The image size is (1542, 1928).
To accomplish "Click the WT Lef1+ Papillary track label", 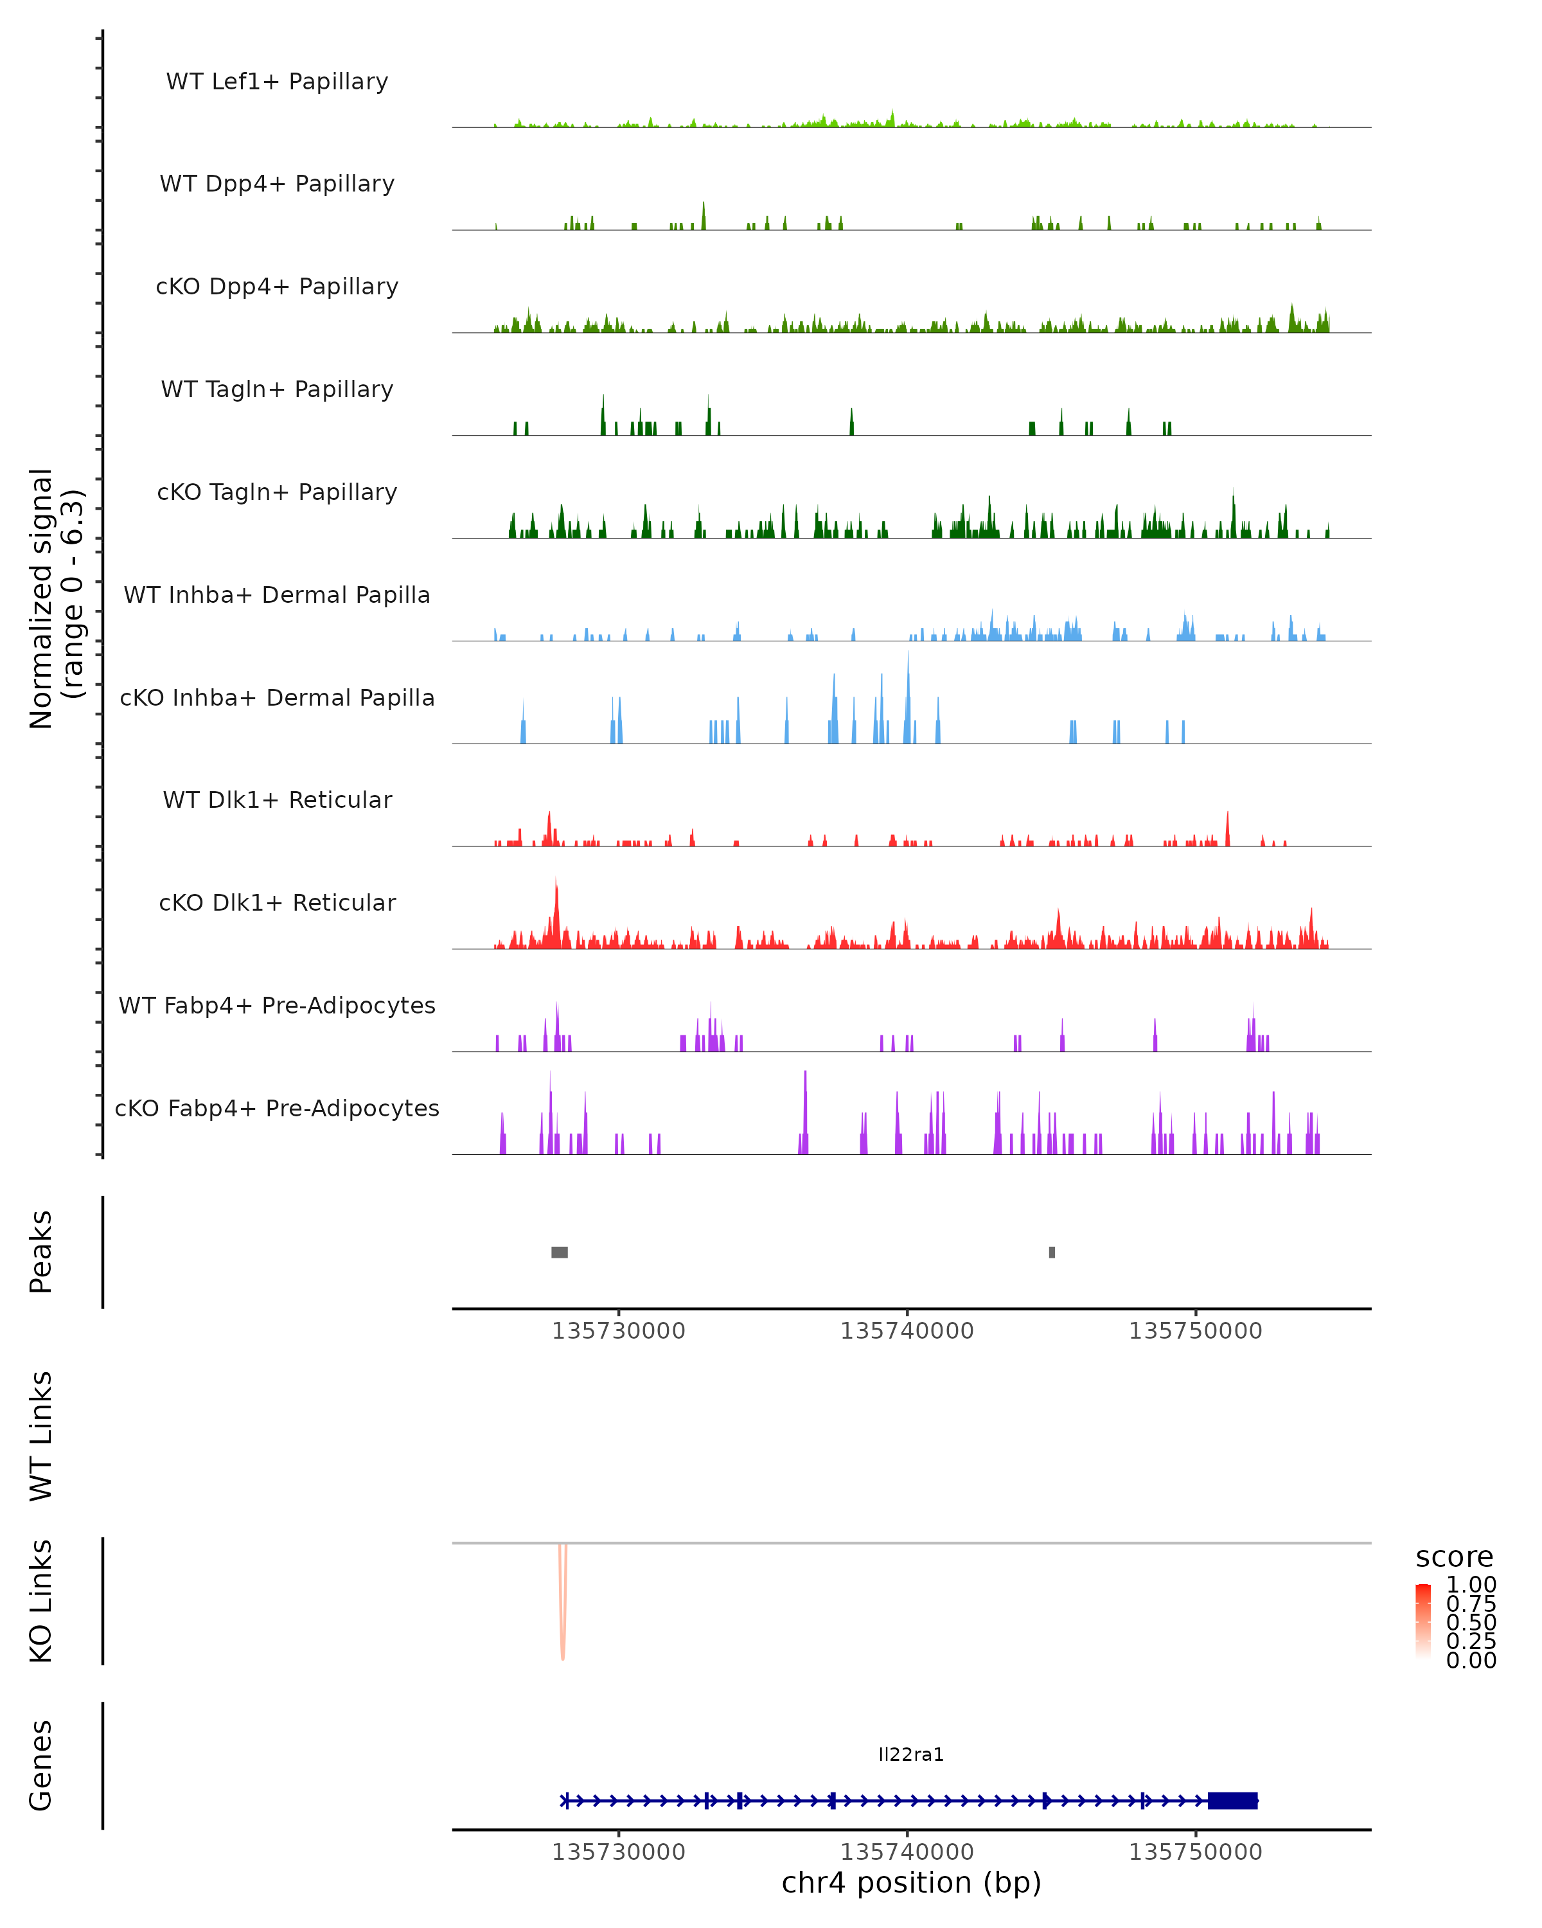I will point(277,82).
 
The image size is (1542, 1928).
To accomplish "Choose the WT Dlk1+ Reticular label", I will point(277,799).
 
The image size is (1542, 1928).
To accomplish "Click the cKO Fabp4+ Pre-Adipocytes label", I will point(277,1108).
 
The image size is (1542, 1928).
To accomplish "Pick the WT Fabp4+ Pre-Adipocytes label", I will point(277,1005).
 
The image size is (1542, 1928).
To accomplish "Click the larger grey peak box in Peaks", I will point(560,1252).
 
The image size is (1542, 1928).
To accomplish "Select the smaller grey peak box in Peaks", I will point(1052,1252).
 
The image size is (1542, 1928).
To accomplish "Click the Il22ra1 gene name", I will point(911,1754).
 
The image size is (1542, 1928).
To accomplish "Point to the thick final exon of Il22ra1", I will point(1233,1801).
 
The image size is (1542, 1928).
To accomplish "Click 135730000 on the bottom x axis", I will point(619,1852).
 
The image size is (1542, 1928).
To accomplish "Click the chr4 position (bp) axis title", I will point(911,1883).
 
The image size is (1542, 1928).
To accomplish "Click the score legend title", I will point(1455,1557).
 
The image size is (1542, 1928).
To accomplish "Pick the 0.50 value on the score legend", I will point(1471,1622).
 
